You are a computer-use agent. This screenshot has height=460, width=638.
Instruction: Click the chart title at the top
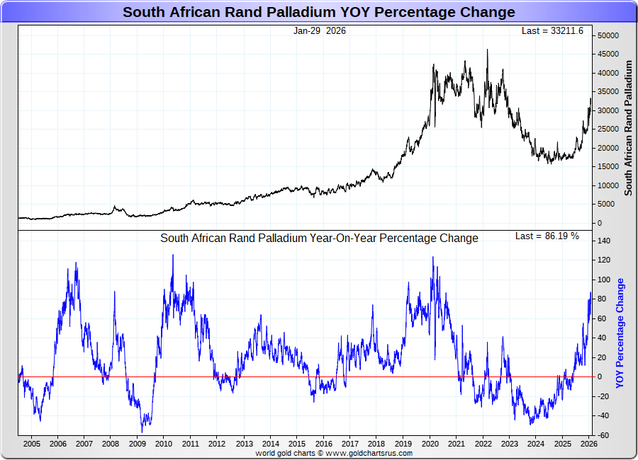point(318,12)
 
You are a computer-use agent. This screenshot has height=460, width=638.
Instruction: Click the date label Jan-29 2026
point(319,31)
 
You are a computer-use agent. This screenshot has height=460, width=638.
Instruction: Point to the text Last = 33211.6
point(553,31)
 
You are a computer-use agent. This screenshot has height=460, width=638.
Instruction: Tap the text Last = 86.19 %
point(547,236)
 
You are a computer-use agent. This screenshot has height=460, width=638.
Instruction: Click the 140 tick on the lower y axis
point(603,241)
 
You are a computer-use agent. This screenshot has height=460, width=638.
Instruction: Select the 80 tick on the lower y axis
point(601,299)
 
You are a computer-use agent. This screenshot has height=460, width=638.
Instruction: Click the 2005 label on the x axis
point(31,444)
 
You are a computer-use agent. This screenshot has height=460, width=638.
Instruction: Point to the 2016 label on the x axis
point(323,444)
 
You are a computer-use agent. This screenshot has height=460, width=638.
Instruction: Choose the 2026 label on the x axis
point(589,444)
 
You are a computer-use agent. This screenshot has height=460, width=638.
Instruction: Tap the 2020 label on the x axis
point(430,444)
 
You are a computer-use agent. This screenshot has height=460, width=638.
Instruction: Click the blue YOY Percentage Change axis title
point(620,333)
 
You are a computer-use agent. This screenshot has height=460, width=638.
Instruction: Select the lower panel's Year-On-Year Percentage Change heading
point(319,238)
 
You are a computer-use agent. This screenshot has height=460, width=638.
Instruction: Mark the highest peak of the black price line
point(487,50)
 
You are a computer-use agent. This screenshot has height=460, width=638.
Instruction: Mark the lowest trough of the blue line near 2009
point(142,432)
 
